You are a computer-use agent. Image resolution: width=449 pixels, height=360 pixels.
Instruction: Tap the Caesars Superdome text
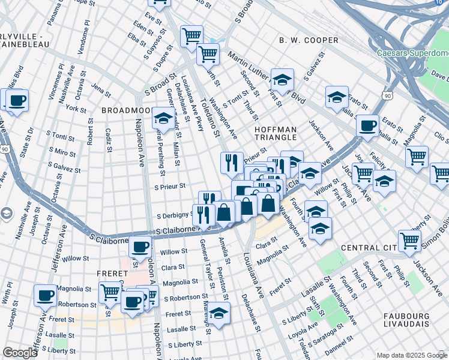click(x=412, y=53)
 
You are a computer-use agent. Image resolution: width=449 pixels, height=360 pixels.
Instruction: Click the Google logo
click(x=20, y=353)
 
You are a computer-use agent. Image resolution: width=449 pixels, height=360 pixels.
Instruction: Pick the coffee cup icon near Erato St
click(x=367, y=126)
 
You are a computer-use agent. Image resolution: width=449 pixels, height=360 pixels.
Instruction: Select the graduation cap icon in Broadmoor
click(x=163, y=118)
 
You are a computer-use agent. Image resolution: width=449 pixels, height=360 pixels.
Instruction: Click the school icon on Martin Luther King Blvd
click(x=282, y=79)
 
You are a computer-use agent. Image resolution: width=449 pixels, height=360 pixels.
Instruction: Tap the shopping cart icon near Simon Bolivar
click(x=409, y=241)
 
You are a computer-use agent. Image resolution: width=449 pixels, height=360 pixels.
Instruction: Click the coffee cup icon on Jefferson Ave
click(x=46, y=295)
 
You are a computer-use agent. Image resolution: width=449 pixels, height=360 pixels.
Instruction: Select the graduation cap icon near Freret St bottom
click(x=219, y=313)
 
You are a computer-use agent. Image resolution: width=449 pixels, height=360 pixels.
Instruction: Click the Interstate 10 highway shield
click(x=441, y=2)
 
